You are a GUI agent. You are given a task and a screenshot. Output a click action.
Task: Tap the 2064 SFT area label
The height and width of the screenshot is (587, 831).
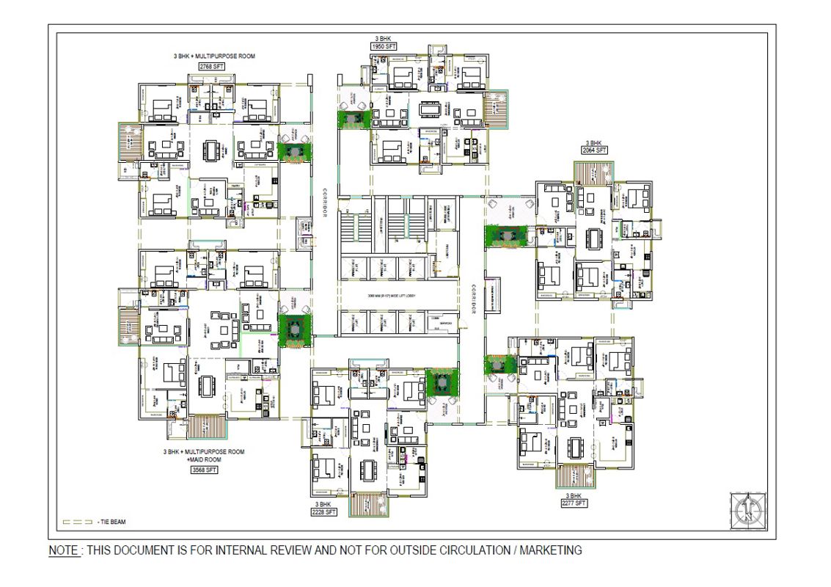[595, 150]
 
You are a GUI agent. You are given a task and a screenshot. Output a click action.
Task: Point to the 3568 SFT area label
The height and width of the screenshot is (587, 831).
[204, 470]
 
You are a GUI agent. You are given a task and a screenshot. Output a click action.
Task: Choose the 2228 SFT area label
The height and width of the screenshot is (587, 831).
[323, 512]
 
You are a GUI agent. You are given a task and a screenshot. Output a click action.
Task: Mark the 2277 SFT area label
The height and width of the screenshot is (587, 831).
[574, 503]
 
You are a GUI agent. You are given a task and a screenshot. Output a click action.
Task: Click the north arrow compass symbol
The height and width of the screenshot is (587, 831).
[747, 509]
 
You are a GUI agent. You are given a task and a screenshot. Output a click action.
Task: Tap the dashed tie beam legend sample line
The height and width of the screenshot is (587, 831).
[78, 522]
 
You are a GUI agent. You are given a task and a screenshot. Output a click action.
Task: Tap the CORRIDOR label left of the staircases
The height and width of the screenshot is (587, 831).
[323, 205]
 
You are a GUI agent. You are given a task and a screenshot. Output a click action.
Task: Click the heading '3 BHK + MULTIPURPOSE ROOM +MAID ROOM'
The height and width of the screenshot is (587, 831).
[204, 456]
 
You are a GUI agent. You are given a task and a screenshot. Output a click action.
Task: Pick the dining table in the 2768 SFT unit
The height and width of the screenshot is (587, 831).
[212, 150]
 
